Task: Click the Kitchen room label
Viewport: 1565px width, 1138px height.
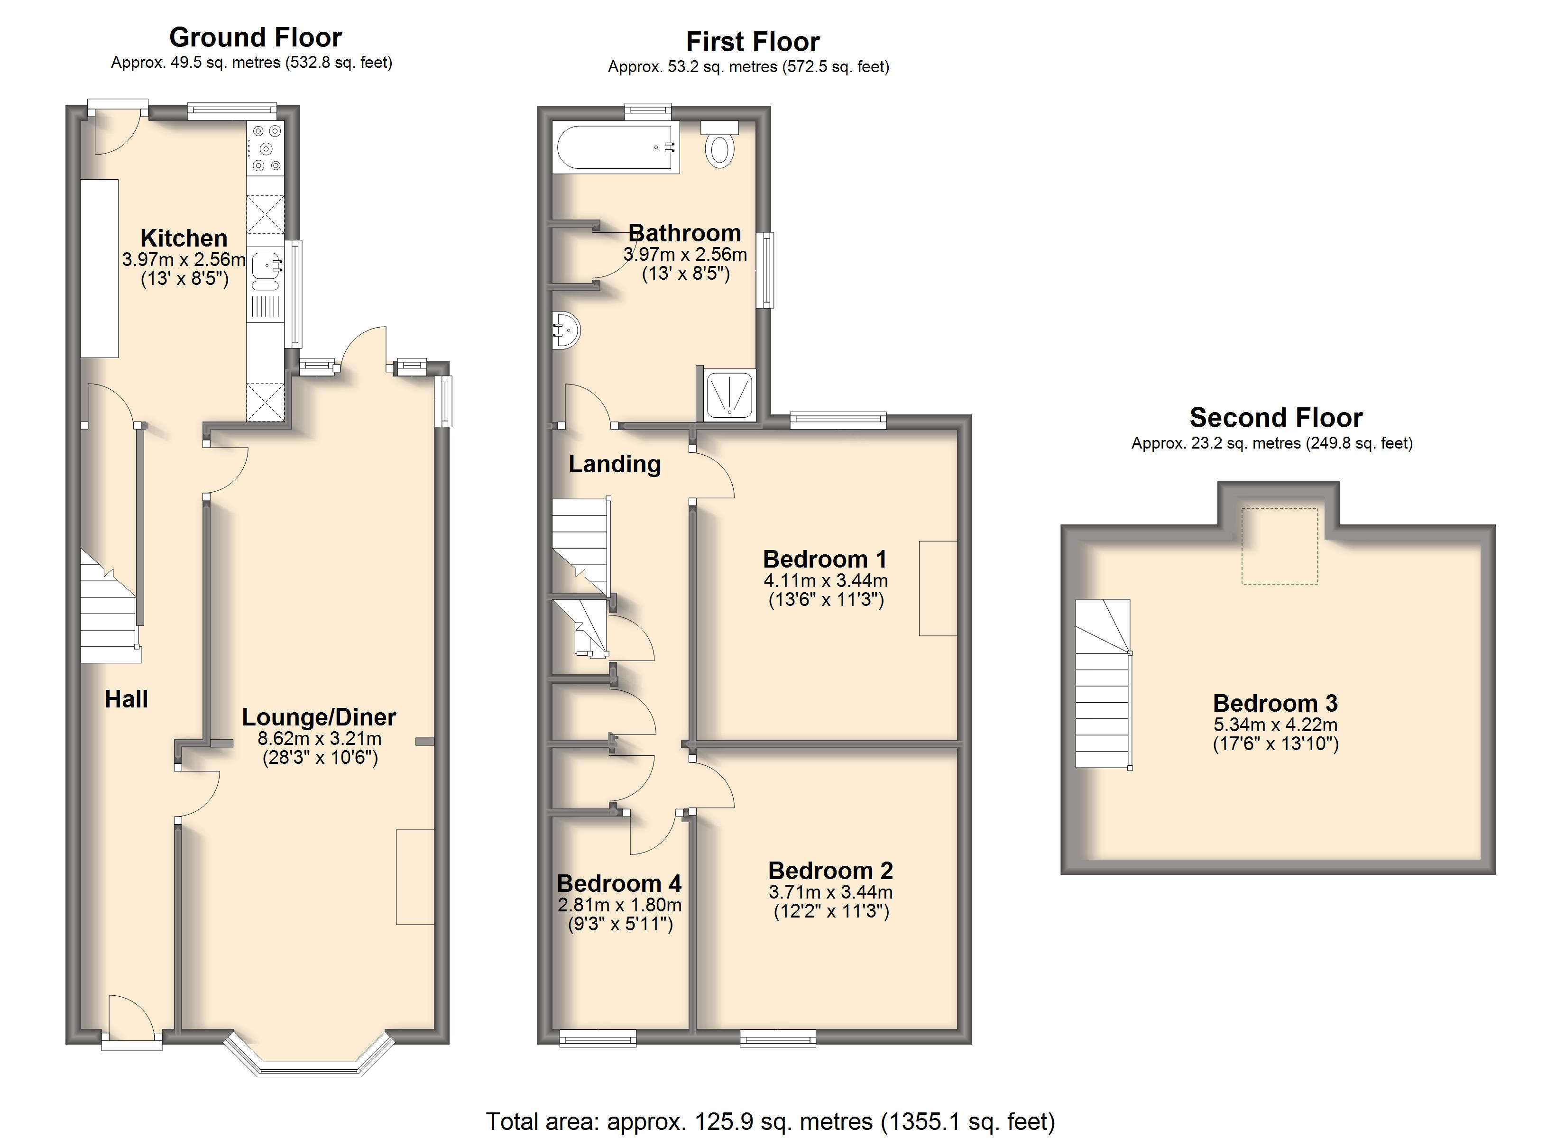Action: [184, 238]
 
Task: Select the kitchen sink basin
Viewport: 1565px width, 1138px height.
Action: [267, 265]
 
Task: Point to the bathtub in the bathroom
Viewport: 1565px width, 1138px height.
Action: [616, 148]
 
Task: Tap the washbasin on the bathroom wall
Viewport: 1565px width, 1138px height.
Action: [566, 330]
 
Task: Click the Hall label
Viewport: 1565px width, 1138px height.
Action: [126, 699]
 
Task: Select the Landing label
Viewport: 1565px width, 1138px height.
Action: [615, 464]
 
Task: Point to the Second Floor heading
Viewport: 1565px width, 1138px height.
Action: [1276, 418]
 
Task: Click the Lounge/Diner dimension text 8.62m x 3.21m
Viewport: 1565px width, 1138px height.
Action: [320, 738]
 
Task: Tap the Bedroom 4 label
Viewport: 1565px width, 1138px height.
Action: [619, 883]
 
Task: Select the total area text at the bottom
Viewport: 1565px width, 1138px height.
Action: [770, 1121]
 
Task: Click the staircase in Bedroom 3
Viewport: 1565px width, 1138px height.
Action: [1104, 683]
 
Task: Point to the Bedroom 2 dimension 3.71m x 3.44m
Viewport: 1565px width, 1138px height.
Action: [831, 891]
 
